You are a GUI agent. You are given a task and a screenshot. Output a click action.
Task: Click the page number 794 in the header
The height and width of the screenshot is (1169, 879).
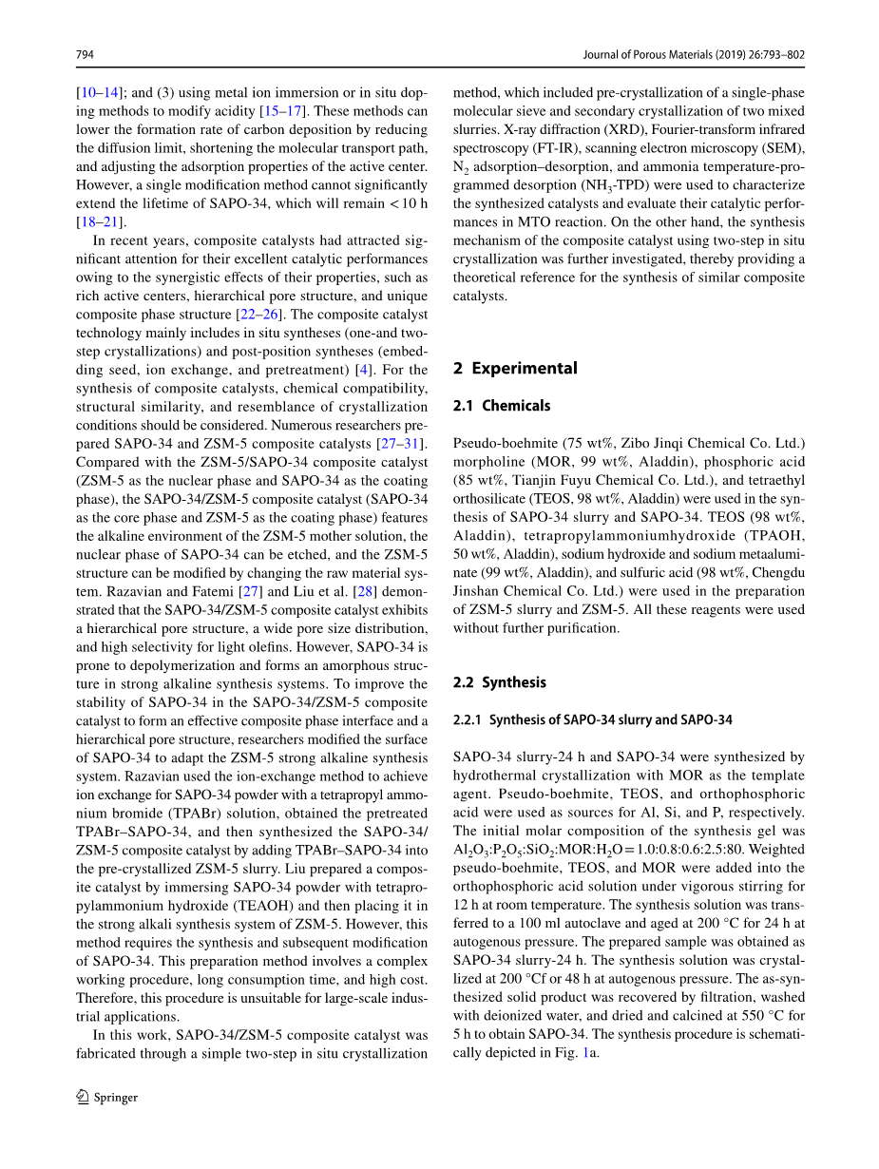click(85, 55)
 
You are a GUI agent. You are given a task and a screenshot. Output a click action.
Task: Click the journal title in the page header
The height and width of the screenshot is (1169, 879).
click(693, 55)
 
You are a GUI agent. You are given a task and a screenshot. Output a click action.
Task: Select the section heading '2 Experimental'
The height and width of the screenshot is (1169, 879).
click(515, 368)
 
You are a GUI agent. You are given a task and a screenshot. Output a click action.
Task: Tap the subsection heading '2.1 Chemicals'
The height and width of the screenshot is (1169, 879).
click(502, 406)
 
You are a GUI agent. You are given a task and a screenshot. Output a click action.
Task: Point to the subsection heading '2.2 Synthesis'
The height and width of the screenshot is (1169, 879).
click(500, 682)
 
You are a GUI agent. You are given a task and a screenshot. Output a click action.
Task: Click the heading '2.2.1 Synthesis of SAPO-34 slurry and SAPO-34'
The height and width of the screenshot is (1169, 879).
click(593, 719)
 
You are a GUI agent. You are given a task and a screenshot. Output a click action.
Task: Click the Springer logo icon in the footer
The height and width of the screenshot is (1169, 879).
click(83, 1097)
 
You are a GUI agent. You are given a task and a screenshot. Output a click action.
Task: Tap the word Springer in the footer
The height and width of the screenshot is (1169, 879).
click(116, 1098)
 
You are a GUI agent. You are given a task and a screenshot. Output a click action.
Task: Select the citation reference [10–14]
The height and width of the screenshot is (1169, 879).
click(99, 93)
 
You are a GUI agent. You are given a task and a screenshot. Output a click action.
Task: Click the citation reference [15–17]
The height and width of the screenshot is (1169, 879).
click(281, 111)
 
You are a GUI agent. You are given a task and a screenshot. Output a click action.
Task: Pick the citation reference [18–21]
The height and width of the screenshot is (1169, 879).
click(100, 221)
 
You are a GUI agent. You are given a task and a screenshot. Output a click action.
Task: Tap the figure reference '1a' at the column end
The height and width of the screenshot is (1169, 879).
click(590, 1053)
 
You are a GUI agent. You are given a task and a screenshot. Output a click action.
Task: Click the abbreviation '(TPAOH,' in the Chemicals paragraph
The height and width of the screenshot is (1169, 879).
click(767, 535)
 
